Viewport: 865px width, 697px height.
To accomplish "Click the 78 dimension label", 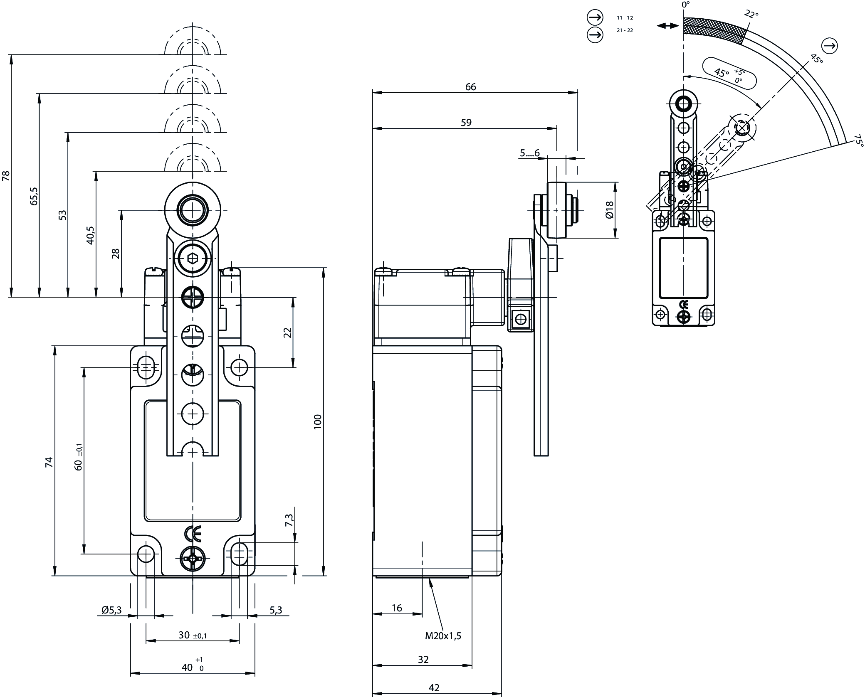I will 6,176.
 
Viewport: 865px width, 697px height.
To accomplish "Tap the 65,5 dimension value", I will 34,196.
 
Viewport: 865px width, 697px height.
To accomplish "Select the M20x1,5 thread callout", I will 443,635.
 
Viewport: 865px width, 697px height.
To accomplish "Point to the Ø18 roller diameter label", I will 609,210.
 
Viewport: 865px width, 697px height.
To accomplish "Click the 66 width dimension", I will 470,87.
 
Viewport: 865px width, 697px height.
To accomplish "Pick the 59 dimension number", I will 466,123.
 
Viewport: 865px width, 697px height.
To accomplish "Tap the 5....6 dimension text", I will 529,153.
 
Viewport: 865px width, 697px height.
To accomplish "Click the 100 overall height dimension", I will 318,422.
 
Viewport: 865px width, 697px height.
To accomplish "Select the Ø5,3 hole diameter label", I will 111,610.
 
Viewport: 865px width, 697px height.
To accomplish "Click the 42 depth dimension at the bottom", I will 434,688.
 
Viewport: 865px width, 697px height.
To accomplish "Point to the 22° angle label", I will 751,15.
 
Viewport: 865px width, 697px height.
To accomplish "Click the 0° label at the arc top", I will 685,5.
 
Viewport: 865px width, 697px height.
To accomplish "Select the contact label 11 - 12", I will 625,18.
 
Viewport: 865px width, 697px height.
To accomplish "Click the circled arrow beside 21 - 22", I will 595,34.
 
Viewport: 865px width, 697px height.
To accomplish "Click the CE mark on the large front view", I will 192,534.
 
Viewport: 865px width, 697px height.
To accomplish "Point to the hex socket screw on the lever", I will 193,259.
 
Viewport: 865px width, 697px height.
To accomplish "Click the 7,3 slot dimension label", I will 289,520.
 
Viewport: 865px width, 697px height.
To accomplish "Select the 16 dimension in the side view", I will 397,608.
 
